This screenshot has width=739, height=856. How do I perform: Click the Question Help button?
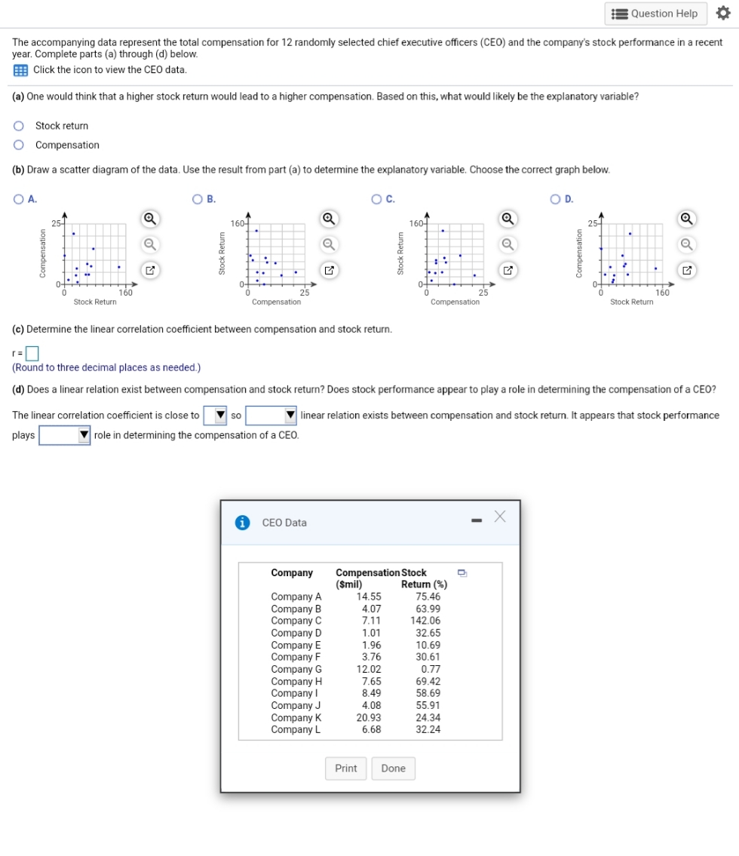pyautogui.click(x=655, y=14)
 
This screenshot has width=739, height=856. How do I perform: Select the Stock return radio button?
pyautogui.click(x=19, y=126)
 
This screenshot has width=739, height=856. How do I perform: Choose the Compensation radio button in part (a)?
pyautogui.click(x=19, y=146)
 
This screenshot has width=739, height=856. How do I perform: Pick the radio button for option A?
pyautogui.click(x=18, y=199)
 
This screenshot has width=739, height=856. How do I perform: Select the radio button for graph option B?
pyautogui.click(x=198, y=199)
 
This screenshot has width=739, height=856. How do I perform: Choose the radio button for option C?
pyautogui.click(x=376, y=199)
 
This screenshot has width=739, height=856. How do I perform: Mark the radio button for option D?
pyautogui.click(x=556, y=199)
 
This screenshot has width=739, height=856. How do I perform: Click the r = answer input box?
pyautogui.click(x=32, y=353)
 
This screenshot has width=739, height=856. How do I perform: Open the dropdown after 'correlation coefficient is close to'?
pyautogui.click(x=216, y=416)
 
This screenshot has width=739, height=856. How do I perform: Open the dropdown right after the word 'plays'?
pyautogui.click(x=65, y=435)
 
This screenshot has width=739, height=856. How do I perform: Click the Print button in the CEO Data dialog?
pyautogui.click(x=345, y=769)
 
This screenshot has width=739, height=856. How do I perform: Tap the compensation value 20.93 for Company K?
pyautogui.click(x=369, y=717)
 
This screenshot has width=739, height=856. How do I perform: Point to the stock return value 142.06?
pyautogui.click(x=426, y=621)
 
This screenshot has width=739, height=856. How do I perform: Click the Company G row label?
pyautogui.click(x=296, y=669)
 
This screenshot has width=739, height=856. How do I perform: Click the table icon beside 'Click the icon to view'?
pyautogui.click(x=20, y=70)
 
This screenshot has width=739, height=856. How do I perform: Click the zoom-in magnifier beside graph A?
pyautogui.click(x=150, y=219)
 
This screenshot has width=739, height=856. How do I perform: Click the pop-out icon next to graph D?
pyautogui.click(x=688, y=269)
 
